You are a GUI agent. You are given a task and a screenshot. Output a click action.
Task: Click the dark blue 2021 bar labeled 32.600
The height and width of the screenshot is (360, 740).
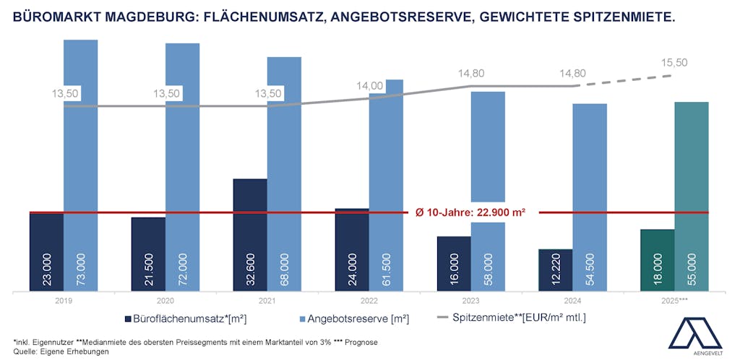click(x=250, y=235)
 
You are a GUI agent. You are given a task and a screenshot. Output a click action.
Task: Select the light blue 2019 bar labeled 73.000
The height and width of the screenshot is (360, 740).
click(x=80, y=166)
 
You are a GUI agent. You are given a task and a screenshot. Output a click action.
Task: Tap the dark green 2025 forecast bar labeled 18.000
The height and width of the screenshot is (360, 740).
click(x=657, y=260)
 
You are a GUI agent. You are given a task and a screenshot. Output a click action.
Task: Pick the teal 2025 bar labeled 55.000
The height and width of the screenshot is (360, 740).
click(x=691, y=195)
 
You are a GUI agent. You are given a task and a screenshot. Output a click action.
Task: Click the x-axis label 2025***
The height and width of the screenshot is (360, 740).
click(x=674, y=299)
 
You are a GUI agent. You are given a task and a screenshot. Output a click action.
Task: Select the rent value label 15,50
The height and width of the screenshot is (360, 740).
click(x=674, y=63)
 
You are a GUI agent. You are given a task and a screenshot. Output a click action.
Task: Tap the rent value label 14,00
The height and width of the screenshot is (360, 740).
click(x=370, y=86)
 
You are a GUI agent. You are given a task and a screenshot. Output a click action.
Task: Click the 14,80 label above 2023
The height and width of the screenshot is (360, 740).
click(x=470, y=73)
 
